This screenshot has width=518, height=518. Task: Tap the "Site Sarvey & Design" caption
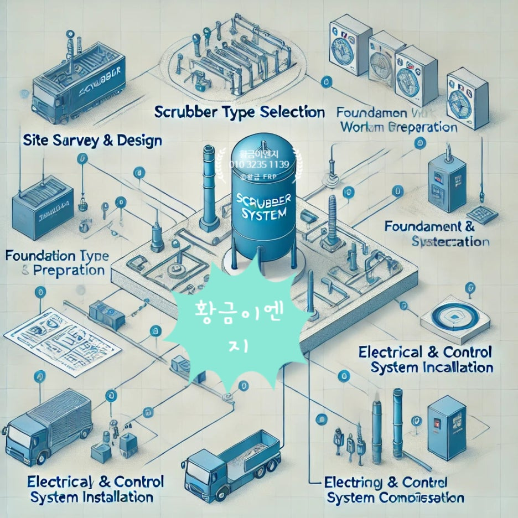pyautogui.click(x=92, y=140)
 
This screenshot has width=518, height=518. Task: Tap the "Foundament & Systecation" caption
pyautogui.click(x=437, y=234)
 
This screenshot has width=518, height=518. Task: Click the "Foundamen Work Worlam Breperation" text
pyautogui.click(x=397, y=120)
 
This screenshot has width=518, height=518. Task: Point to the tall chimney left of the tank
pyautogui.click(x=209, y=188)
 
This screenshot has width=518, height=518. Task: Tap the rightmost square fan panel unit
pyautogui.click(x=467, y=99)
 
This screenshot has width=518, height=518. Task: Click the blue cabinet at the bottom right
pyautogui.click(x=447, y=427)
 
